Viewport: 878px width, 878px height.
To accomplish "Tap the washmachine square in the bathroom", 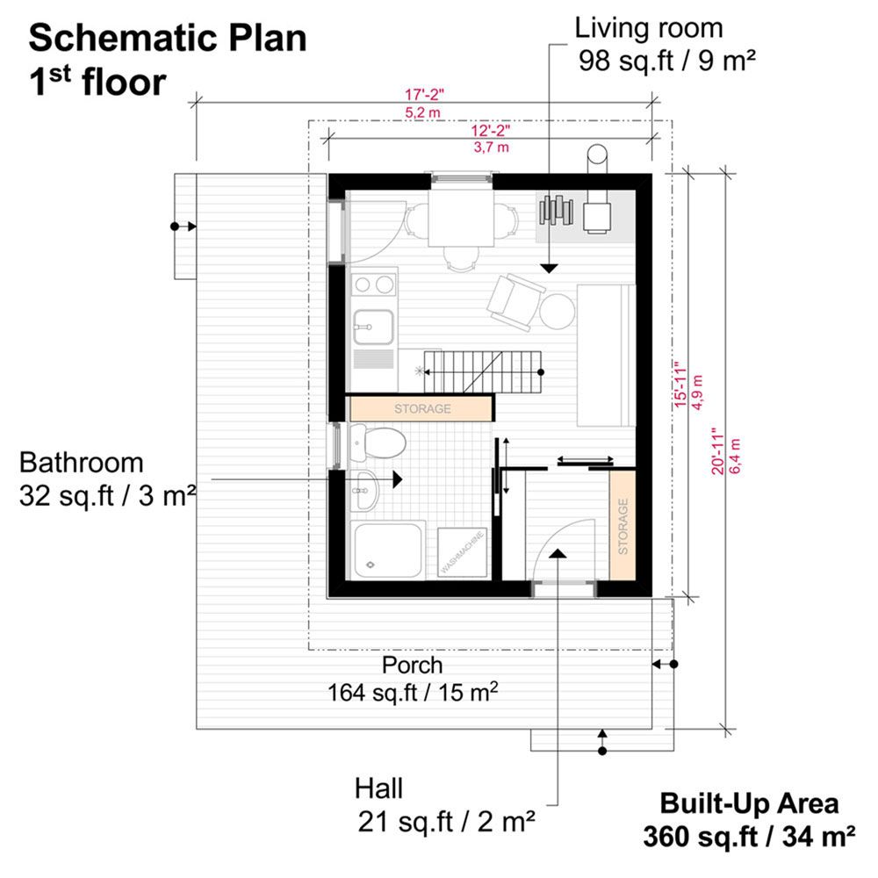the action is pyautogui.click(x=463, y=552).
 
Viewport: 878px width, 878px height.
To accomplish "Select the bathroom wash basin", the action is pyautogui.click(x=364, y=491).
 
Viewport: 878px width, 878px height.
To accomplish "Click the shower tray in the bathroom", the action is pyautogui.click(x=387, y=551).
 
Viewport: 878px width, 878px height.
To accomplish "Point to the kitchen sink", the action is pyautogui.click(x=373, y=327).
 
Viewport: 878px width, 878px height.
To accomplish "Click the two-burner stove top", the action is pyautogui.click(x=373, y=285).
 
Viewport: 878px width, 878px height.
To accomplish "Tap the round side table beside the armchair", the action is pyautogui.click(x=558, y=313).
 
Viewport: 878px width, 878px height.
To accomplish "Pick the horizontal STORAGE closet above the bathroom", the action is pyautogui.click(x=421, y=409).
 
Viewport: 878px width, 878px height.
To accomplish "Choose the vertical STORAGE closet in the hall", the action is pyautogui.click(x=623, y=526).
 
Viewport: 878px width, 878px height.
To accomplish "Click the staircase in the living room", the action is pyautogui.click(x=483, y=371).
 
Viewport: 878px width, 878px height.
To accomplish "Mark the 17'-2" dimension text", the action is pyautogui.click(x=424, y=94).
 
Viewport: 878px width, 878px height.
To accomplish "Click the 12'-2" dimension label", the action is pyautogui.click(x=491, y=131).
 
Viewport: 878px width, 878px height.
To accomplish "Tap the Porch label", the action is pyautogui.click(x=412, y=666).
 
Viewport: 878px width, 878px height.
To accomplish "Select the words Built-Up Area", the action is pyautogui.click(x=749, y=803).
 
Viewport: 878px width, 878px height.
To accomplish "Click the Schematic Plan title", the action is pyautogui.click(x=168, y=38).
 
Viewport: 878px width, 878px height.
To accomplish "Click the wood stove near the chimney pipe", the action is pyautogui.click(x=596, y=217).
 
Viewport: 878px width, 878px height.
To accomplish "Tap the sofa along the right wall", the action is pyautogui.click(x=607, y=356).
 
